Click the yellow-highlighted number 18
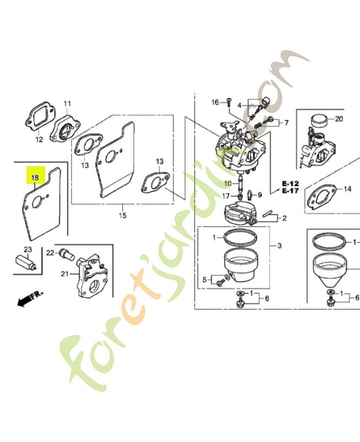click(x=35, y=178)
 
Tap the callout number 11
click(x=67, y=104)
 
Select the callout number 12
click(x=39, y=139)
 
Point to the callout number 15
click(x=123, y=215)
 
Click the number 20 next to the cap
click(x=339, y=119)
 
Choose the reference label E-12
click(x=290, y=184)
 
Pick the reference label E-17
click(x=290, y=191)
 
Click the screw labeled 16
click(x=229, y=102)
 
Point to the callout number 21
click(x=65, y=273)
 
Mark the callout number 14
click(x=348, y=189)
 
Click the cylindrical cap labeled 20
click(x=320, y=120)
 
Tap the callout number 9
click(x=260, y=195)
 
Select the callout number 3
click(x=279, y=246)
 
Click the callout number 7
click(x=287, y=123)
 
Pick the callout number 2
click(x=284, y=218)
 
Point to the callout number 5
click(x=204, y=280)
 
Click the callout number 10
click(x=227, y=184)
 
